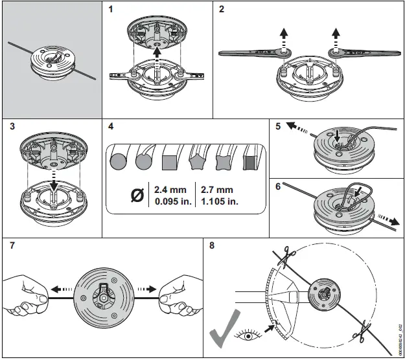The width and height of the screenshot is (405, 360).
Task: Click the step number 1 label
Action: (x=110, y=10)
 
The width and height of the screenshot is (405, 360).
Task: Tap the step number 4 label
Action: (x=110, y=126)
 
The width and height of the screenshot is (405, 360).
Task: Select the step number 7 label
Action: (x=11, y=246)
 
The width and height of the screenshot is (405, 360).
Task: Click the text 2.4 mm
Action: (x=169, y=190)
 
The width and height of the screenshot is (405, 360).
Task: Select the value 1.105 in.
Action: (x=218, y=201)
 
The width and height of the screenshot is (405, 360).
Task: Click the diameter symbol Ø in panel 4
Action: (x=137, y=196)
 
